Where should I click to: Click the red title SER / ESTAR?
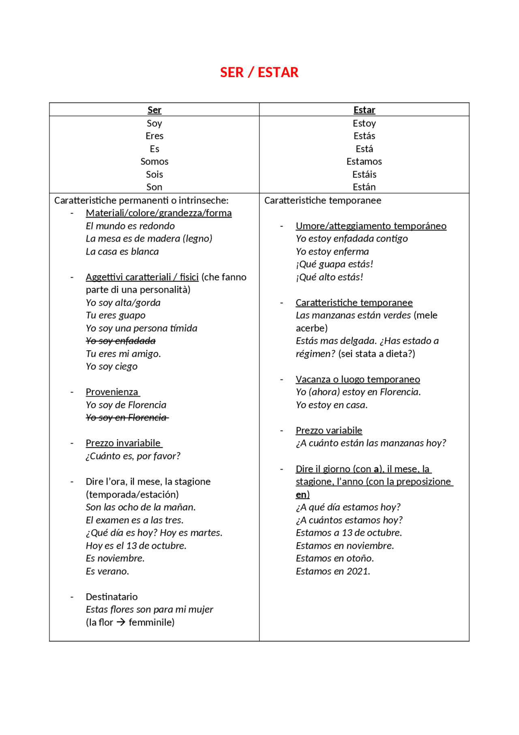[x=259, y=72]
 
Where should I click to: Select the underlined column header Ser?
[x=154, y=110]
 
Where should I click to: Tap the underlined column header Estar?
[x=364, y=110]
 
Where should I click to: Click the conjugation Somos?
[x=154, y=162]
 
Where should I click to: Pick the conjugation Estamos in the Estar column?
[x=364, y=162]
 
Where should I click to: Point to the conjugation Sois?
[x=154, y=175]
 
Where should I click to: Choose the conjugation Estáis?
[x=364, y=175]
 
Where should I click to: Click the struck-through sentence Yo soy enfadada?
[x=120, y=341]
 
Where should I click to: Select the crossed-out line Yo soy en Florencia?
[x=127, y=418]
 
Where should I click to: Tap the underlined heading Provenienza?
[x=112, y=392]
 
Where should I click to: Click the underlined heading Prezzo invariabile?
[x=124, y=443]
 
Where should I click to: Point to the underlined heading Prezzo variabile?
[x=329, y=431]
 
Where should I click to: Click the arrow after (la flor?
[x=121, y=622]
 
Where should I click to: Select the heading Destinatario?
[x=112, y=597]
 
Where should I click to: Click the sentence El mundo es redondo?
[x=130, y=226]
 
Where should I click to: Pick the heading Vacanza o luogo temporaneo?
[x=358, y=379]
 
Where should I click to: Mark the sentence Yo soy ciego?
[x=112, y=366]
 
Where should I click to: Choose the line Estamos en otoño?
[x=335, y=558]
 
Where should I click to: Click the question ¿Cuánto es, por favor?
[x=133, y=456]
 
